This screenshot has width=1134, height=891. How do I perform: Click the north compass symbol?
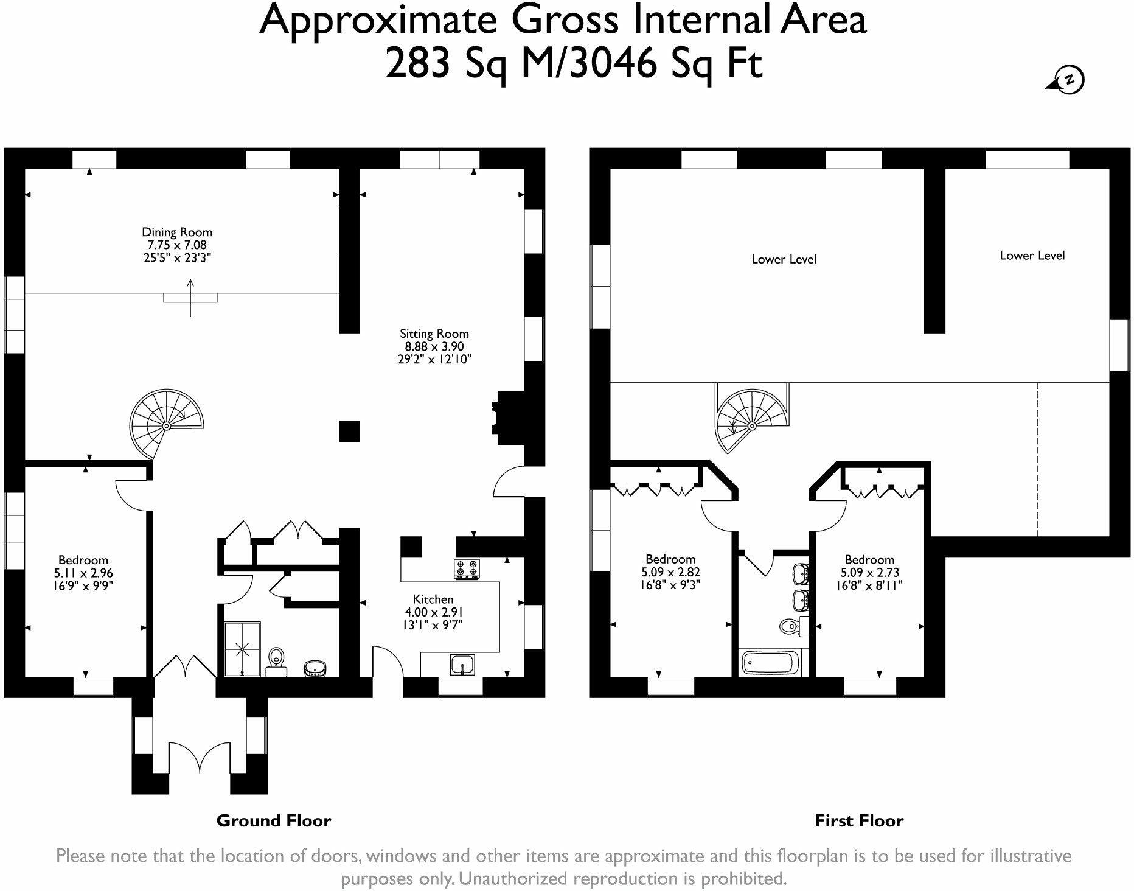tap(1069, 80)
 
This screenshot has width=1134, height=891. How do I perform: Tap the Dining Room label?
tap(177, 232)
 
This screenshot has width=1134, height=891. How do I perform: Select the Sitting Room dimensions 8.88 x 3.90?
tap(434, 346)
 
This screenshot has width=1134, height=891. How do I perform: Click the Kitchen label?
tap(433, 599)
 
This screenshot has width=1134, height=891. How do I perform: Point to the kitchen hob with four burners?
tap(467, 568)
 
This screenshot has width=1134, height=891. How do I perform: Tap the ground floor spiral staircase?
tap(166, 424)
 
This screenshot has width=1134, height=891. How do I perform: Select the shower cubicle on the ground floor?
tap(242, 649)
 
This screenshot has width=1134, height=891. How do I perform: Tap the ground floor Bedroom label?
tap(83, 560)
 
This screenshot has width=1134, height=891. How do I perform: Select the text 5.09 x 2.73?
tap(869, 572)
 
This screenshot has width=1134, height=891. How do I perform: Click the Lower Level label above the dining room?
tap(784, 259)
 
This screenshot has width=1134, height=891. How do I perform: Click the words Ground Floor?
tap(274, 821)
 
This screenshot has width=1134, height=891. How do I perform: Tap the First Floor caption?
tap(858, 821)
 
